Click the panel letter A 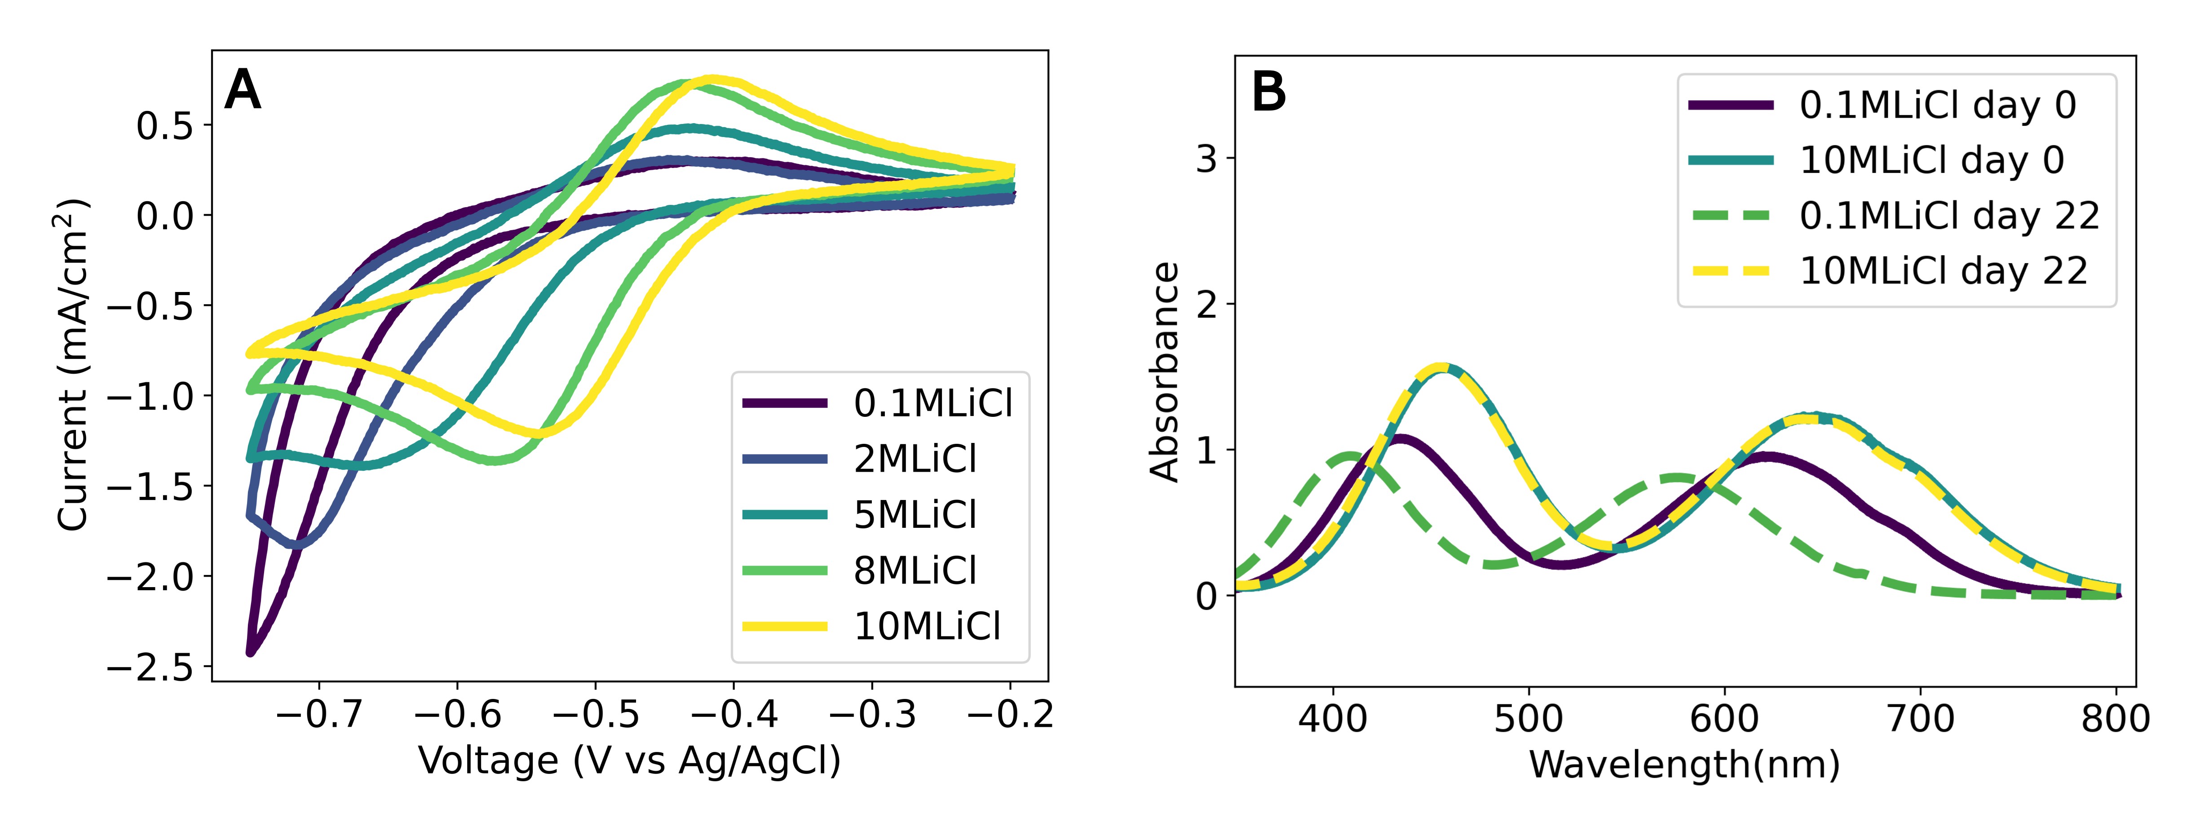(243, 90)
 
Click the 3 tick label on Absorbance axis (1206, 159)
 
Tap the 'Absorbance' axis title (1165, 371)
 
